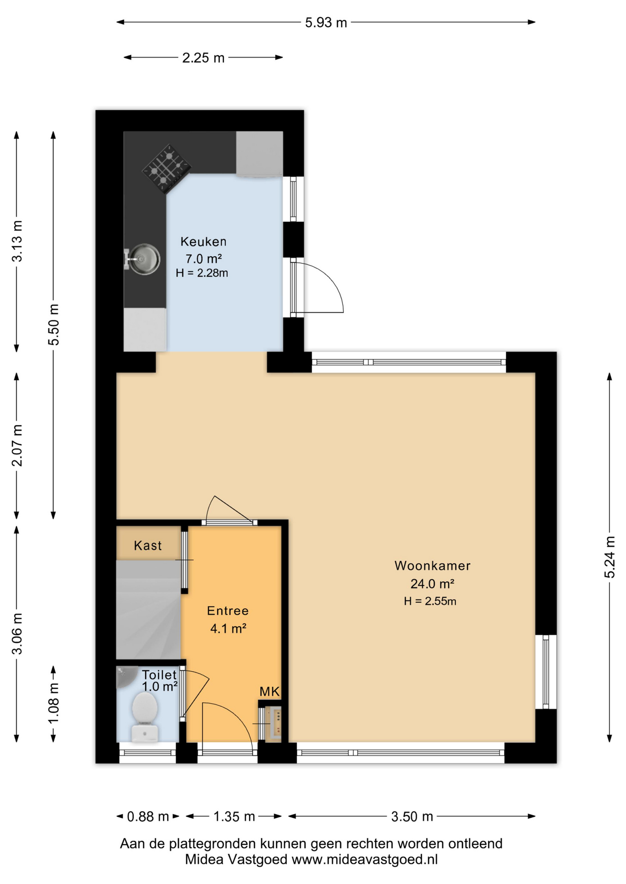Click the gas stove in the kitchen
[x=166, y=168]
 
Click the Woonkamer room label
[x=432, y=566]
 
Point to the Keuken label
[x=203, y=242]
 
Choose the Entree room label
[x=228, y=611]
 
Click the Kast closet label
[x=148, y=546]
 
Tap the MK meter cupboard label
[x=270, y=691]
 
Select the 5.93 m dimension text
[x=326, y=23]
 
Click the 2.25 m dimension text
[x=203, y=58]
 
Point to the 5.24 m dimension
[x=609, y=557]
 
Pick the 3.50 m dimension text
[x=412, y=817]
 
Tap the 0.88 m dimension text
[x=148, y=817]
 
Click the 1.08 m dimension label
[x=53, y=704]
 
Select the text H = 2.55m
[x=430, y=601]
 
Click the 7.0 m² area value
[x=203, y=259]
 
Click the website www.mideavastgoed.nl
[x=365, y=860]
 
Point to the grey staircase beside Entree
[x=148, y=610]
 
